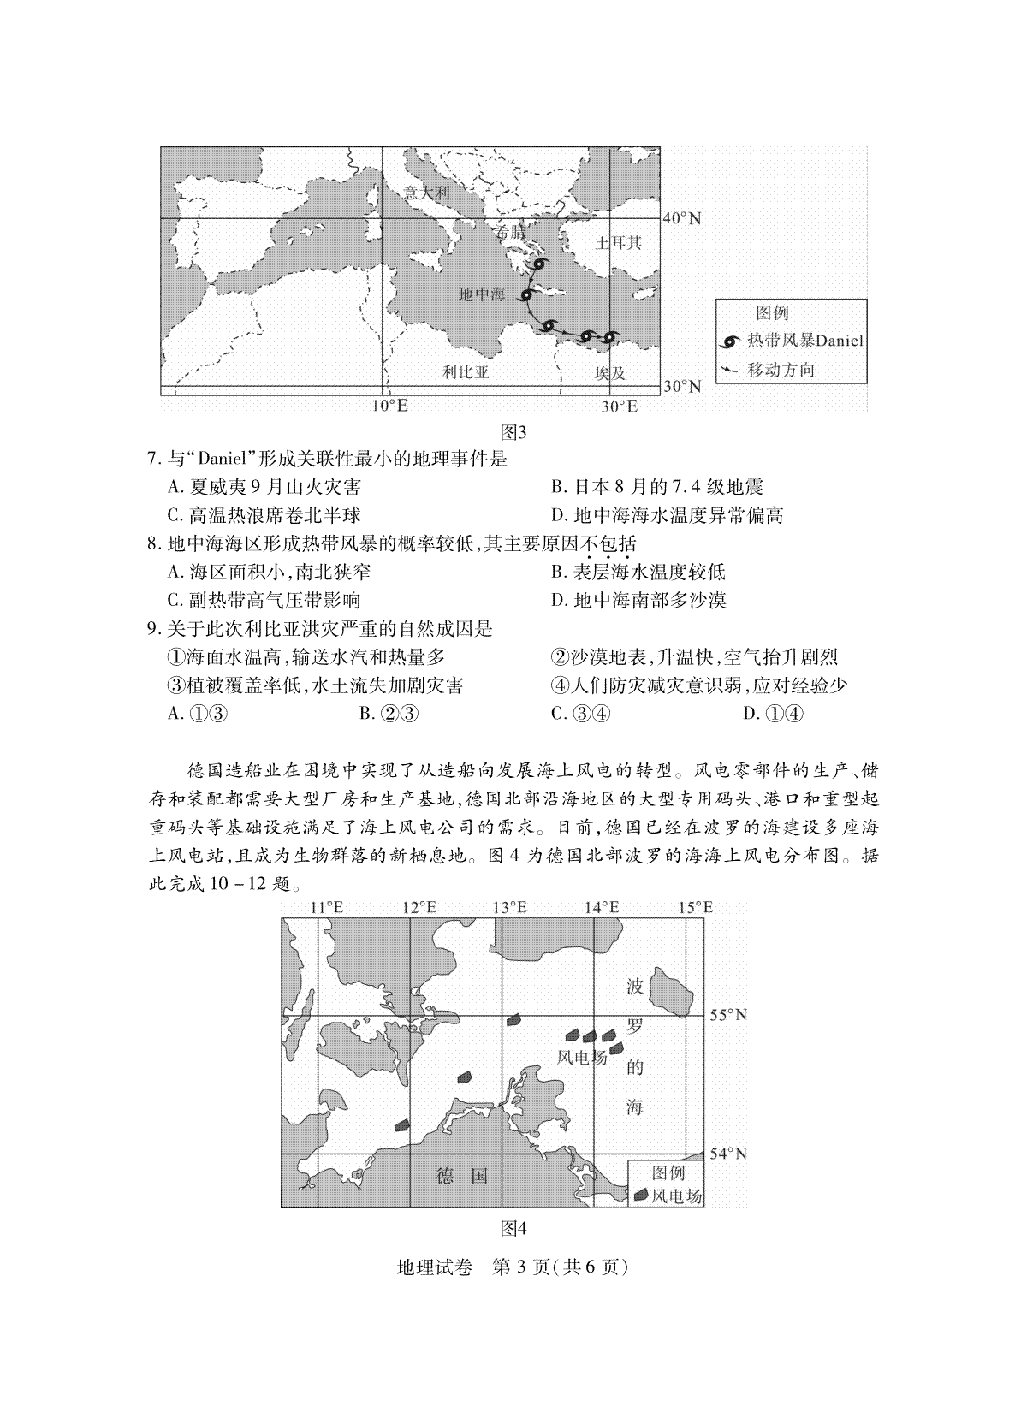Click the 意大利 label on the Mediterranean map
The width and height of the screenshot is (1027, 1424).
point(426,192)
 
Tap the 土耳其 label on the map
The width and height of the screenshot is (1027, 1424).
point(618,242)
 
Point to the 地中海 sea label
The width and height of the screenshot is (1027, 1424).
point(482,294)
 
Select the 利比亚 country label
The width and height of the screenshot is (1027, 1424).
point(466,372)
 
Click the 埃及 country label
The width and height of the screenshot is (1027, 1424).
point(610,373)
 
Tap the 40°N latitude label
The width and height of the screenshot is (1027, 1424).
point(683,218)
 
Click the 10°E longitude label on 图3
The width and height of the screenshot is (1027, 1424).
point(389,406)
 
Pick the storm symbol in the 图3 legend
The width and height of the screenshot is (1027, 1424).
point(731,341)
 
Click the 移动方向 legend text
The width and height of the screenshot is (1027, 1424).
point(781,370)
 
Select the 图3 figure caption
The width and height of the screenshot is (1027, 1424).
point(513,432)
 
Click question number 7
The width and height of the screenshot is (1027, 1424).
point(154,460)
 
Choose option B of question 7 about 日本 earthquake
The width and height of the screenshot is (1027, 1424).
point(656,488)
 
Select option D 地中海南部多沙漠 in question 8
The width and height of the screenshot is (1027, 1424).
point(638,600)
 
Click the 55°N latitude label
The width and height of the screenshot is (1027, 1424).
point(728,1015)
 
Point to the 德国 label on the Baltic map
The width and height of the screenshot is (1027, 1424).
point(461,1176)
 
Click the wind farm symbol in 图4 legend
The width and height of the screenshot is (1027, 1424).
point(639,1196)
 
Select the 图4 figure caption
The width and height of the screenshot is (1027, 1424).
point(513,1229)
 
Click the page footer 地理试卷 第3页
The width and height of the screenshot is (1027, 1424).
point(513,1267)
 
